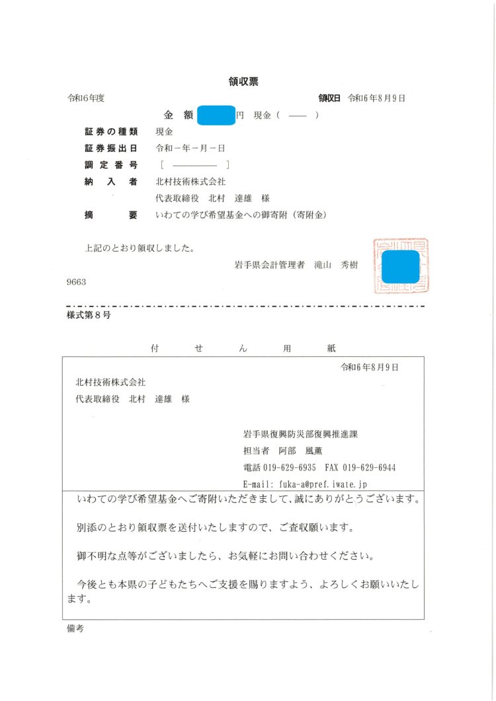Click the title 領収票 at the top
243,82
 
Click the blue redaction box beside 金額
216,115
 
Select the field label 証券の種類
110,131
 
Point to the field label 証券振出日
110,148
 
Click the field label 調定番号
110,165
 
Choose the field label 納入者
110,182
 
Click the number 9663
77,281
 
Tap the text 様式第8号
89,316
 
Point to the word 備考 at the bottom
75,629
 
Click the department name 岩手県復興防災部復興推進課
300,434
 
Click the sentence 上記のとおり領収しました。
140,249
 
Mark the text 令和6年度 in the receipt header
86,98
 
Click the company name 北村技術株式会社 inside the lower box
110,383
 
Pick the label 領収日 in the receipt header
329,98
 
